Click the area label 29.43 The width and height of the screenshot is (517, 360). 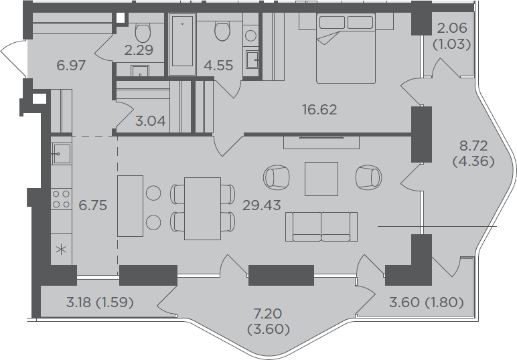click(261, 205)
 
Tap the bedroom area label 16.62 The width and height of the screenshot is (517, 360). click(320, 110)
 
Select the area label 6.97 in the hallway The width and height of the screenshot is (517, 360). click(71, 66)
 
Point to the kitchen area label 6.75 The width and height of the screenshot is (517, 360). click(92, 205)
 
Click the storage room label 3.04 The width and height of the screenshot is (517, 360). click(151, 121)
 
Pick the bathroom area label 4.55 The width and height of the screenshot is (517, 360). click(218, 66)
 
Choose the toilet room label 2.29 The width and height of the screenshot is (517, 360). click(139, 50)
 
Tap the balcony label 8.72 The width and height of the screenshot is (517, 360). click(473, 146)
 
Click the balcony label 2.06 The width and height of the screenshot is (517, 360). click(452, 28)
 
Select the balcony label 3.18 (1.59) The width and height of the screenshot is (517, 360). click(100, 302)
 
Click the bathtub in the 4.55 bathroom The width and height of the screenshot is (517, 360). click(182, 44)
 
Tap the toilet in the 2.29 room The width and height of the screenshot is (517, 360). click(143, 32)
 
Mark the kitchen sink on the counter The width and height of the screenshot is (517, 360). click(62, 154)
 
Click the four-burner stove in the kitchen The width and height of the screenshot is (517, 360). click(62, 199)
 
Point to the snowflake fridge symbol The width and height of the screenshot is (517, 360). click(62, 250)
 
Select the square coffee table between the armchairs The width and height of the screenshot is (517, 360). click(321, 179)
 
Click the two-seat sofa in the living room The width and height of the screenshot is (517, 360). click(321, 227)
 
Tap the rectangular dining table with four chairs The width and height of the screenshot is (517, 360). click(202, 209)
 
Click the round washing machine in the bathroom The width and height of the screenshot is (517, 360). click(251, 35)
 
